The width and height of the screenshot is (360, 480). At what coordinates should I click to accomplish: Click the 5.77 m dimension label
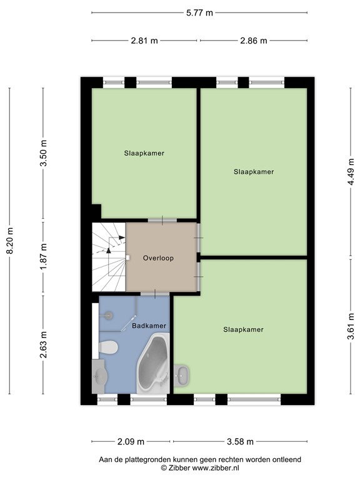199,12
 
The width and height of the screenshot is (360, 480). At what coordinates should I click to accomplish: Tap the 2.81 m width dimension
144,41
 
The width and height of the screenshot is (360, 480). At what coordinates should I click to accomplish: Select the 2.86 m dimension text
253,41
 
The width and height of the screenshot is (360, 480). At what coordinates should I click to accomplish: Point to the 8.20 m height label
9,241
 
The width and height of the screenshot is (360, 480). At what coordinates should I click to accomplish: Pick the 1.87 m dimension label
43,257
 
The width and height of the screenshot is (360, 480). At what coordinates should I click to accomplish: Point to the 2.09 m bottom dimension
131,442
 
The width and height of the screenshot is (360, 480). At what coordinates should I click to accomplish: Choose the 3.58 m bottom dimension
240,442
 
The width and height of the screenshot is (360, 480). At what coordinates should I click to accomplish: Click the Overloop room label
157,257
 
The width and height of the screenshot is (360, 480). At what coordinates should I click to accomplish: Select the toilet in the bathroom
107,347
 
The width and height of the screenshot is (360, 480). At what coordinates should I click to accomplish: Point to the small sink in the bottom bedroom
183,376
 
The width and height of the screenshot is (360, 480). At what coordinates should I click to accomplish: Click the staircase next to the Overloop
108,256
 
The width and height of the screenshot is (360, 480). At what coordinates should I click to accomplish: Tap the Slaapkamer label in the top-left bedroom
144,152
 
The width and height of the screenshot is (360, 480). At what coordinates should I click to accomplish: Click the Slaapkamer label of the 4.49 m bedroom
254,171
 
